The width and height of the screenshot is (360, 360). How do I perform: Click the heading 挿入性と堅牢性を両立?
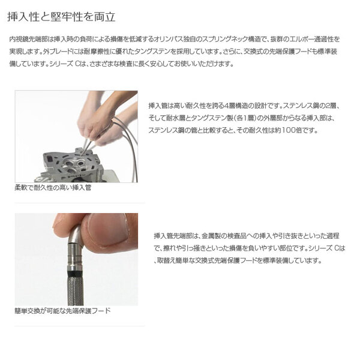tap(61, 17)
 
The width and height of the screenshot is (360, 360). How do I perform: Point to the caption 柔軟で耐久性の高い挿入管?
tap(53, 188)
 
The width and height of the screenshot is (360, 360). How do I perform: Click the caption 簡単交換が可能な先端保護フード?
tap(62, 311)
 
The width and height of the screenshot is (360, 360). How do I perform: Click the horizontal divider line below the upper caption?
tap(79, 203)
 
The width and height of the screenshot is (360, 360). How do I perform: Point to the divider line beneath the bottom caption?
tap(79, 326)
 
